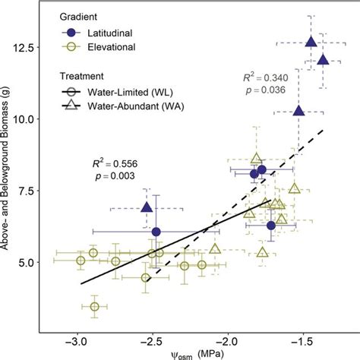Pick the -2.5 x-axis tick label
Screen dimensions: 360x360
point(152,341)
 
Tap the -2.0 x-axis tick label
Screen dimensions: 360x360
point(228,341)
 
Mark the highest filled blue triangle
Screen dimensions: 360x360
point(311,43)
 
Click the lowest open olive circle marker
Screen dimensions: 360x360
point(95,306)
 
